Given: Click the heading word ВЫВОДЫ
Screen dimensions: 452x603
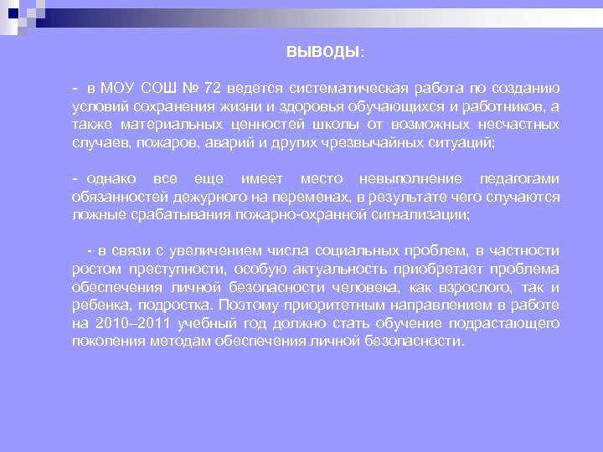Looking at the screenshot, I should (x=322, y=52).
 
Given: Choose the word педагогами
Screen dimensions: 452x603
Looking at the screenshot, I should (x=518, y=179).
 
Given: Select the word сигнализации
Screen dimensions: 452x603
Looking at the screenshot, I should (x=420, y=215).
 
